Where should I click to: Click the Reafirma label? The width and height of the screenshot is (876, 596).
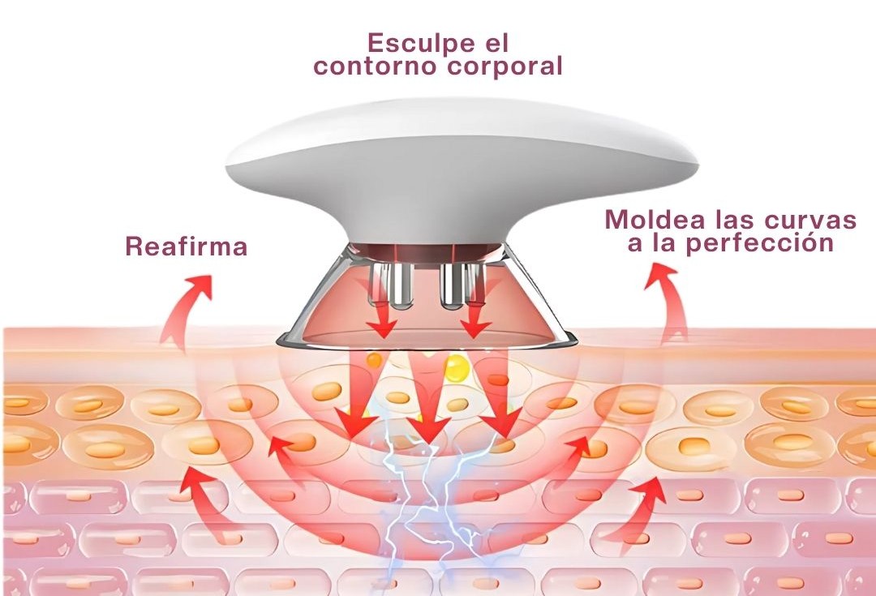coord(186,247)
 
